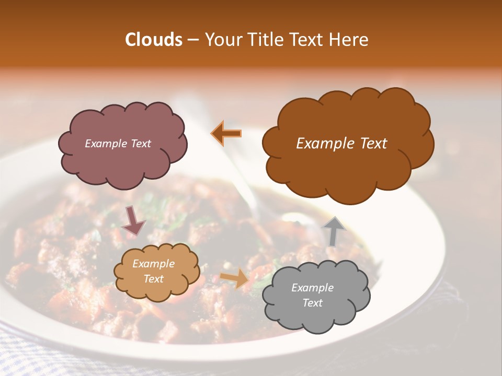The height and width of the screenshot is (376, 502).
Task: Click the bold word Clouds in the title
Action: coord(153,40)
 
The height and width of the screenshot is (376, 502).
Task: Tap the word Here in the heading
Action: coord(350,40)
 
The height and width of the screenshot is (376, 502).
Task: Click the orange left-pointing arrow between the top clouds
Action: coord(226,133)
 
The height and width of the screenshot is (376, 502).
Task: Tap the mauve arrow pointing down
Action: coord(133,220)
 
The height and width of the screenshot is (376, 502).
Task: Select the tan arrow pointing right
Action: coord(235,279)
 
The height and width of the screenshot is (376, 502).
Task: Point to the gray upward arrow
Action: coord(333,231)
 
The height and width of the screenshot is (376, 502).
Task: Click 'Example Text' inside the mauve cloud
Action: coord(118,144)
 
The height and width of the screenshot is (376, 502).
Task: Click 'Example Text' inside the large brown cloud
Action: coord(341,144)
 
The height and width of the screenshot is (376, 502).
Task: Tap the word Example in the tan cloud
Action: coord(153,264)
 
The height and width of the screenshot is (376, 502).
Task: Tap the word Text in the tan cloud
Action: coord(153,279)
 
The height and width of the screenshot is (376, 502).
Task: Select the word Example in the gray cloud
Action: coord(312,288)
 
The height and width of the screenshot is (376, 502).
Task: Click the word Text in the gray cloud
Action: coord(312,303)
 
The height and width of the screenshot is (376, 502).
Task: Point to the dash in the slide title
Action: coord(192,40)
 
